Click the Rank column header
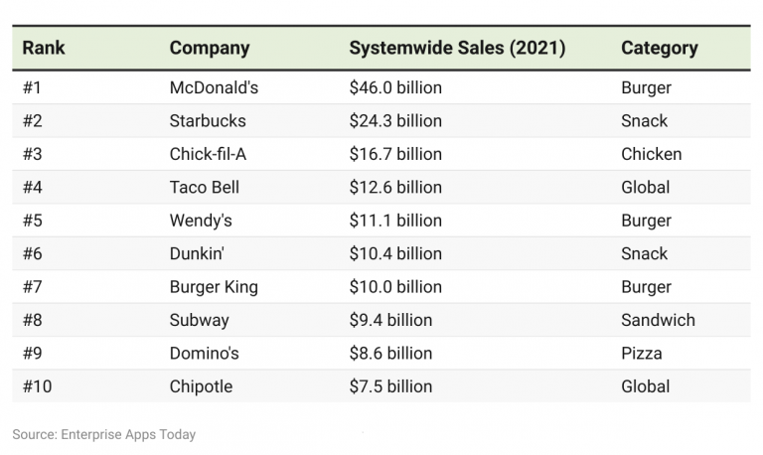(x=45, y=48)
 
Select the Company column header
(x=210, y=48)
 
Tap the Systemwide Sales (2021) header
(x=457, y=48)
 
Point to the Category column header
(x=659, y=48)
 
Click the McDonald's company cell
(x=214, y=87)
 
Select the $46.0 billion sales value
(x=395, y=87)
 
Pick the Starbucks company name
(x=208, y=121)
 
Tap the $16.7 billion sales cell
(x=395, y=154)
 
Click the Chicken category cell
(x=651, y=154)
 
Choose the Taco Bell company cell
(x=205, y=187)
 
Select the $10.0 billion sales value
(x=395, y=287)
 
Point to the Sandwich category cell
(x=658, y=320)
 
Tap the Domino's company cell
(x=205, y=354)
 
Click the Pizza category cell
(x=641, y=354)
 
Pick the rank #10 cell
(x=38, y=386)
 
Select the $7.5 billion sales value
(x=390, y=386)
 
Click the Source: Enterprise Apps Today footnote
(x=104, y=434)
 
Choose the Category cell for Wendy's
(x=646, y=221)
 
